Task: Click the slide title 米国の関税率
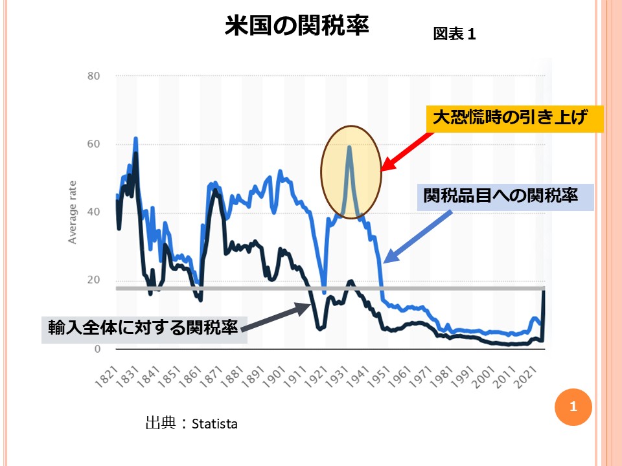pyautogui.click(x=297, y=27)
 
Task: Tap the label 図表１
pyautogui.click(x=454, y=35)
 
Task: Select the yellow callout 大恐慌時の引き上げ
pyautogui.click(x=514, y=119)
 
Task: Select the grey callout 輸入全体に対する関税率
pyautogui.click(x=144, y=326)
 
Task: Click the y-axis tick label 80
pyautogui.click(x=93, y=76)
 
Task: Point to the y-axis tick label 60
pyautogui.click(x=93, y=144)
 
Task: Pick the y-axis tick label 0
pyautogui.click(x=97, y=349)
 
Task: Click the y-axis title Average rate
pyautogui.click(x=73, y=212)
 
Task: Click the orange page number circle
pyautogui.click(x=572, y=407)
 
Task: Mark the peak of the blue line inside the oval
pyautogui.click(x=349, y=147)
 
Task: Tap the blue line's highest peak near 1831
pyautogui.click(x=135, y=139)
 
